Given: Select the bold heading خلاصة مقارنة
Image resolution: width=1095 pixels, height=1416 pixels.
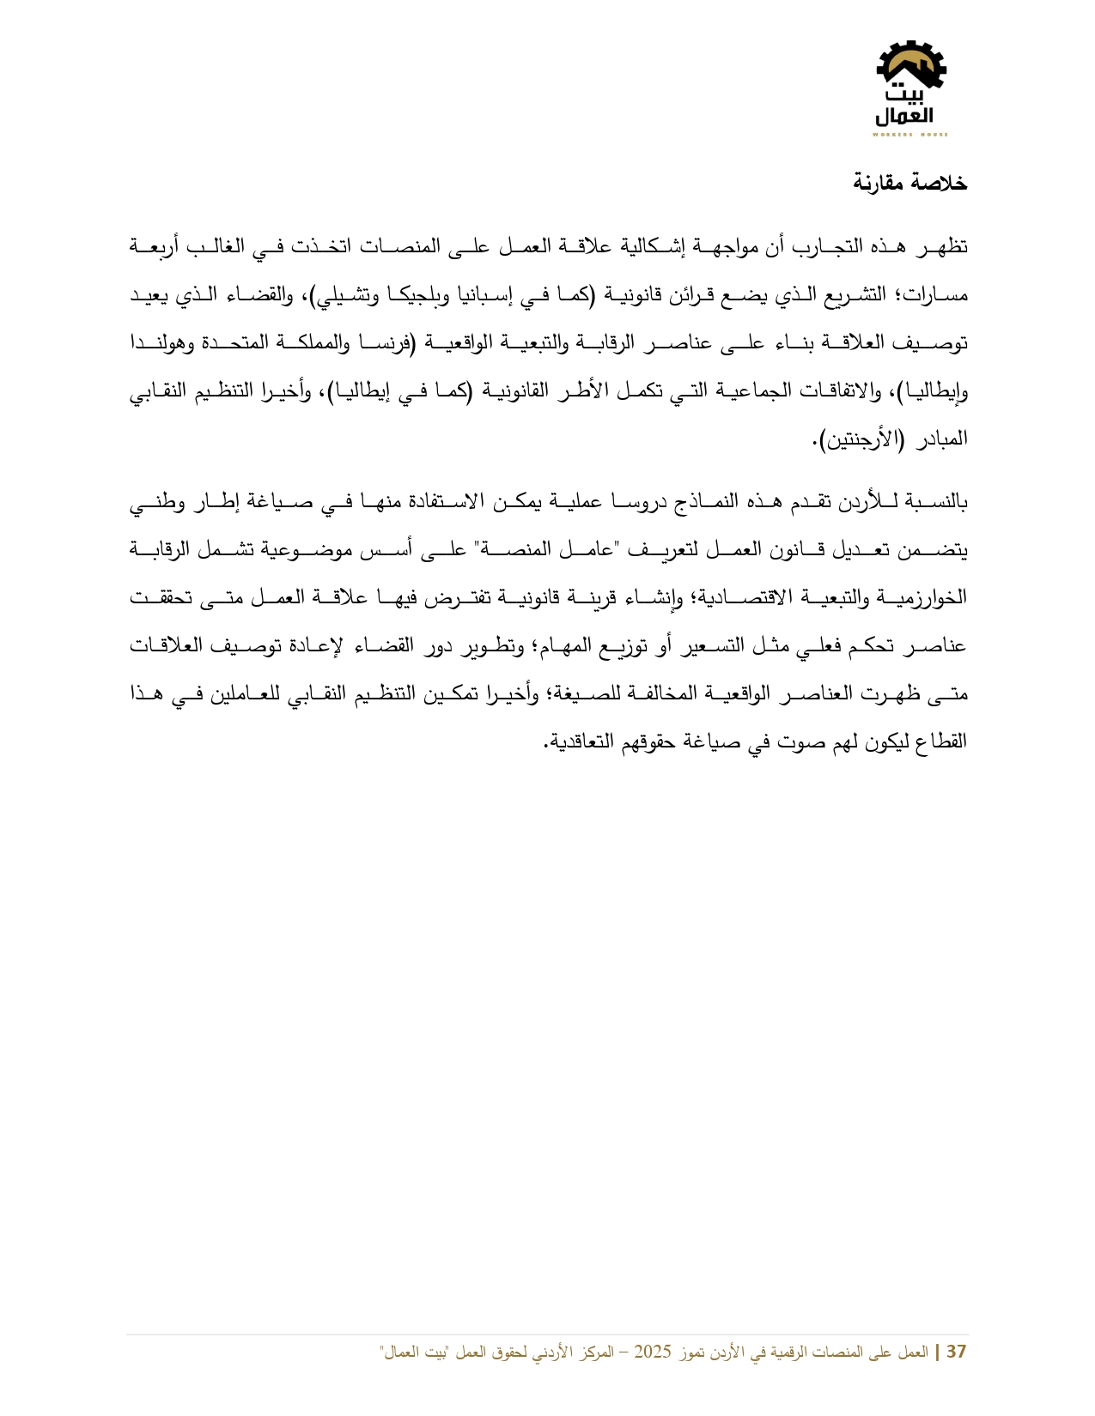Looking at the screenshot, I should click(x=909, y=183).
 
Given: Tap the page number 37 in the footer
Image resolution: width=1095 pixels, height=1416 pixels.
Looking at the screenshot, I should click(x=956, y=1352).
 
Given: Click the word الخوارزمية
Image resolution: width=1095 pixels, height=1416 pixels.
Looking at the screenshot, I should click(x=928, y=597).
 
